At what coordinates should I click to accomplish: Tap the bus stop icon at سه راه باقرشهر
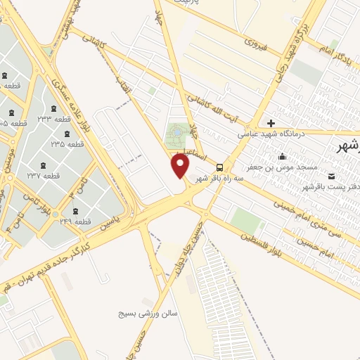point(220,167)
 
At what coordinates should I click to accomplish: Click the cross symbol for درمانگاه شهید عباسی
point(271,123)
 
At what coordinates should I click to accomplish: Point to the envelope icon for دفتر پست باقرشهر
point(331,176)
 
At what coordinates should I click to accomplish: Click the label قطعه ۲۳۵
point(67,143)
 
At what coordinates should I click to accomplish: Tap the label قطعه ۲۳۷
point(42,175)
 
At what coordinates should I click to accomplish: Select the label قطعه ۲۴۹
point(77,222)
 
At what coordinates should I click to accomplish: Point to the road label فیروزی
point(253,42)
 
